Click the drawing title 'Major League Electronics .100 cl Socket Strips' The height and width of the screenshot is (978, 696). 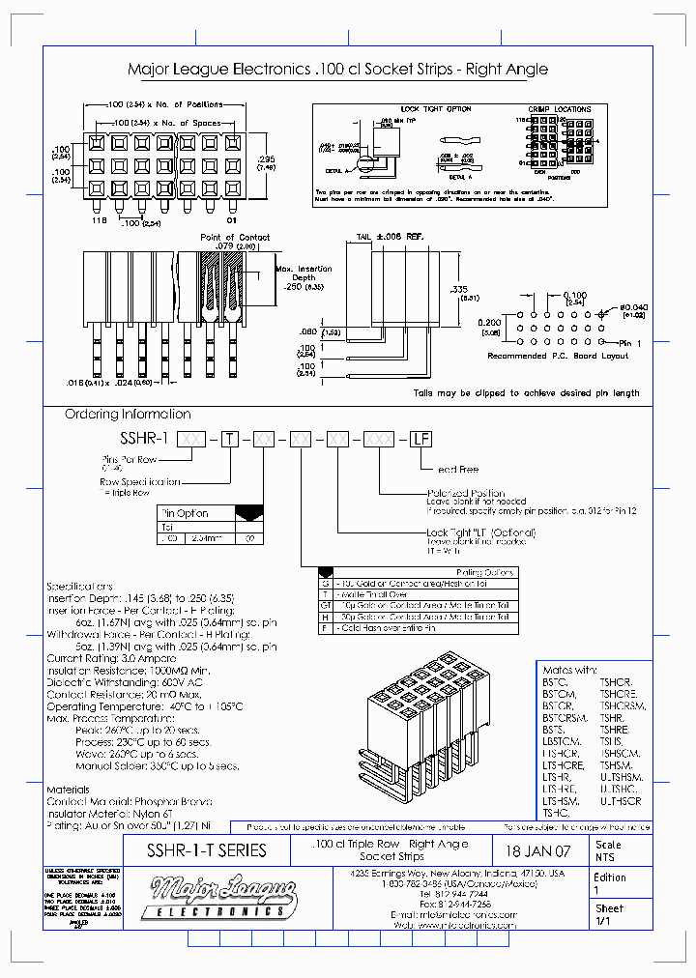click(x=337, y=69)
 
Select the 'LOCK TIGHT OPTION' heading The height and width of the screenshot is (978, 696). click(x=436, y=109)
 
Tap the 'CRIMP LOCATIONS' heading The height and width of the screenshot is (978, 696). click(x=559, y=109)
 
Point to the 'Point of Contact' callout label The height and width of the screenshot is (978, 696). click(x=235, y=237)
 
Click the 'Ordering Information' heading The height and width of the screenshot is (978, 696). click(x=127, y=414)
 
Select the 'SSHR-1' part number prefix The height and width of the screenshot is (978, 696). click(x=145, y=438)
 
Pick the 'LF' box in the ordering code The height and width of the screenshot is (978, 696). click(x=420, y=439)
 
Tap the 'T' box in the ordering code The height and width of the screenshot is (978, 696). click(x=228, y=439)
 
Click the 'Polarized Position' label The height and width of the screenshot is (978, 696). click(x=468, y=493)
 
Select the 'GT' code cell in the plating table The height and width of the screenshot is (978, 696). click(x=326, y=605)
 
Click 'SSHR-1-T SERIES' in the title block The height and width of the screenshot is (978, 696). click(x=206, y=850)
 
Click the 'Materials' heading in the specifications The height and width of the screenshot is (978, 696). click(x=69, y=789)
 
